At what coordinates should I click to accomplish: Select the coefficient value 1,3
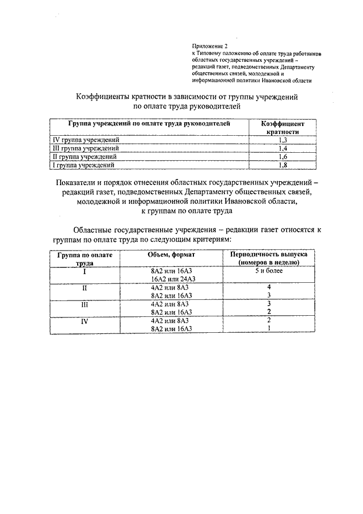[x=283, y=140]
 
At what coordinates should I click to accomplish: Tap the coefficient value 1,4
[x=283, y=148]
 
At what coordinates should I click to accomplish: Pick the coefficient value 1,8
[x=283, y=165]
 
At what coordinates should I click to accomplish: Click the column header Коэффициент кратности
[x=283, y=127]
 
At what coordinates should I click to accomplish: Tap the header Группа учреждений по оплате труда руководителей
[x=149, y=123]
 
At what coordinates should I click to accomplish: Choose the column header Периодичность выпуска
[x=268, y=255]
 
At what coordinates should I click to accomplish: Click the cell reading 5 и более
[x=268, y=271]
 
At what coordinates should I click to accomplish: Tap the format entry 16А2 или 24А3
[x=173, y=279]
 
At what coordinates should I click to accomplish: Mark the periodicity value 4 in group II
[x=268, y=287]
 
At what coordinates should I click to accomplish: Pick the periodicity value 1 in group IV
[x=268, y=328]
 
